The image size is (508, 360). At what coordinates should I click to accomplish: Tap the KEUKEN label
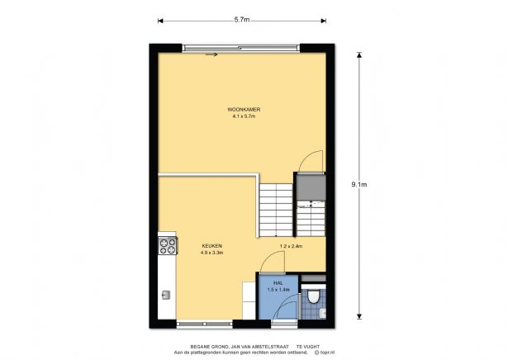click(x=211, y=246)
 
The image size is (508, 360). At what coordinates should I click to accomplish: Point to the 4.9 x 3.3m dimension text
click(x=211, y=253)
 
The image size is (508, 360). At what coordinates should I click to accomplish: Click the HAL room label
click(x=279, y=282)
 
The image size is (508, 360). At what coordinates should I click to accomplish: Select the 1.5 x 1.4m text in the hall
click(x=279, y=290)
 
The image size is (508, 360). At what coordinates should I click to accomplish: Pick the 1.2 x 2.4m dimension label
click(x=292, y=246)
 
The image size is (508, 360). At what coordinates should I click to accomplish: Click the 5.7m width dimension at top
click(x=243, y=19)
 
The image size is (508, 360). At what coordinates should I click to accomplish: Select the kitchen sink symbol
click(x=166, y=294)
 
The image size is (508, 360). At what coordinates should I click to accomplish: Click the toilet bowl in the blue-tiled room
click(x=313, y=298)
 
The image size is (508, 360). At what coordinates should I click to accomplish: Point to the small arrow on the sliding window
click(x=211, y=55)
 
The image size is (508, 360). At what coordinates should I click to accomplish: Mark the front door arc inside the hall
click(x=282, y=308)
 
